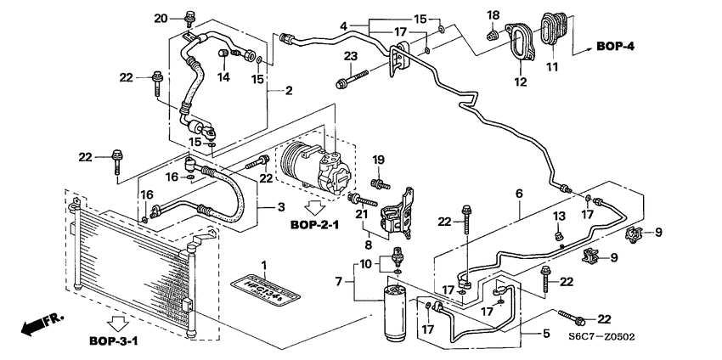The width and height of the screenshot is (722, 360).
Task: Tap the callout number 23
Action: (349, 57)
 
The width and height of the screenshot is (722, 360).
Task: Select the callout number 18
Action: (493, 14)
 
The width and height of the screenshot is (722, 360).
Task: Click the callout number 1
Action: (263, 267)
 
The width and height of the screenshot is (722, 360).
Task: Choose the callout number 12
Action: (520, 82)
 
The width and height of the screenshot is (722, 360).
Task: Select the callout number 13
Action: (558, 216)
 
